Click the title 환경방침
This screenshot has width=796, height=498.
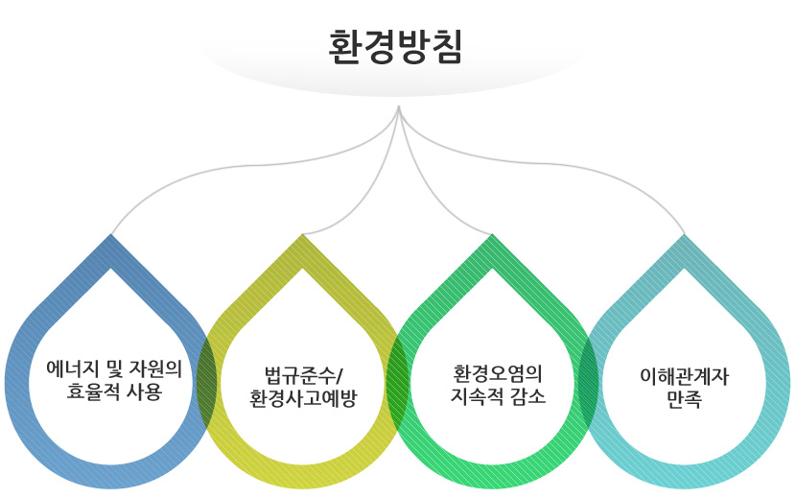395,47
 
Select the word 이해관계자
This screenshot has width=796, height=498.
684,377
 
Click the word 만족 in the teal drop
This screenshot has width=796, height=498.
684,401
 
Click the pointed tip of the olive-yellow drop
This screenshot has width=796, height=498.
303,236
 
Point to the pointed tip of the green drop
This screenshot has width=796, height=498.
493,236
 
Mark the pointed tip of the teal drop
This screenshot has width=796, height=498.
685,236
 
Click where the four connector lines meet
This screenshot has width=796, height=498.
399,107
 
